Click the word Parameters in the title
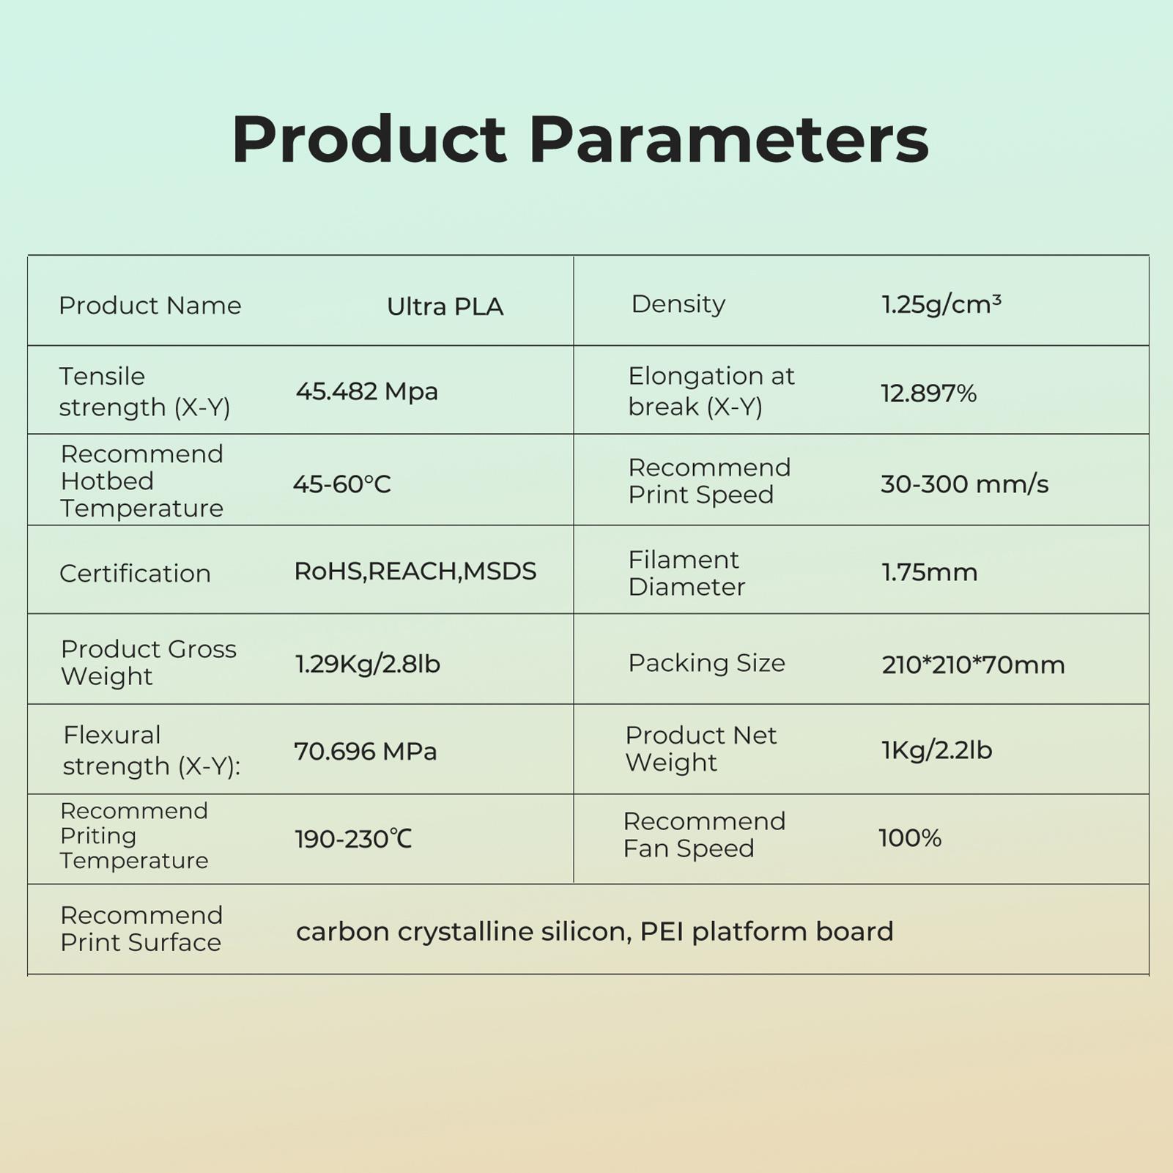[728, 139]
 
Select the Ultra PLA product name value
[445, 306]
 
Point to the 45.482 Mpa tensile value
[367, 391]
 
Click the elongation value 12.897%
[928, 393]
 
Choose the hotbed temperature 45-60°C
[342, 484]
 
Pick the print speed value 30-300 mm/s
[964, 484]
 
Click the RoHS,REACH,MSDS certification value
[415, 571]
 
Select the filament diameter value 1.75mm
[929, 572]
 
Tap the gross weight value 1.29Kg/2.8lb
[368, 664]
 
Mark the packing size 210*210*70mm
[973, 665]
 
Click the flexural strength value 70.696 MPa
[366, 751]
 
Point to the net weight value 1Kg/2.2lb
[936, 750]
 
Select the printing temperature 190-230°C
[353, 839]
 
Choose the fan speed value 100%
[910, 837]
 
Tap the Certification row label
[135, 573]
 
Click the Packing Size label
[706, 663]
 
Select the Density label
[678, 304]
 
